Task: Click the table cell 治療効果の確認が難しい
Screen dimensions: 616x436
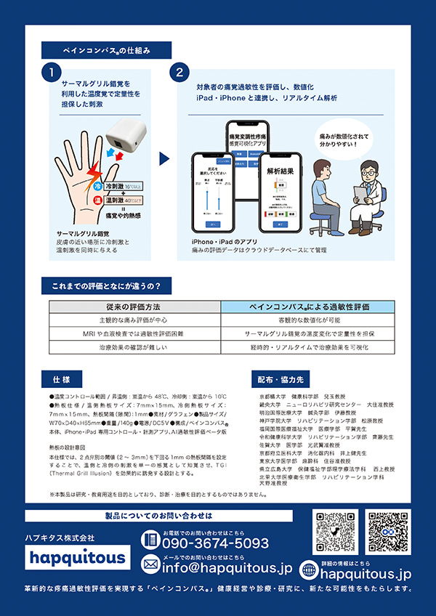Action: click(x=145, y=348)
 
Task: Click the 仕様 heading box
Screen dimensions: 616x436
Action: click(x=62, y=380)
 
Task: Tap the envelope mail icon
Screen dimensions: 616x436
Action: click(x=150, y=564)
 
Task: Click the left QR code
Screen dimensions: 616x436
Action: click(x=336, y=532)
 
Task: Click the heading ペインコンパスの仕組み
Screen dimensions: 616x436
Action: click(x=107, y=50)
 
